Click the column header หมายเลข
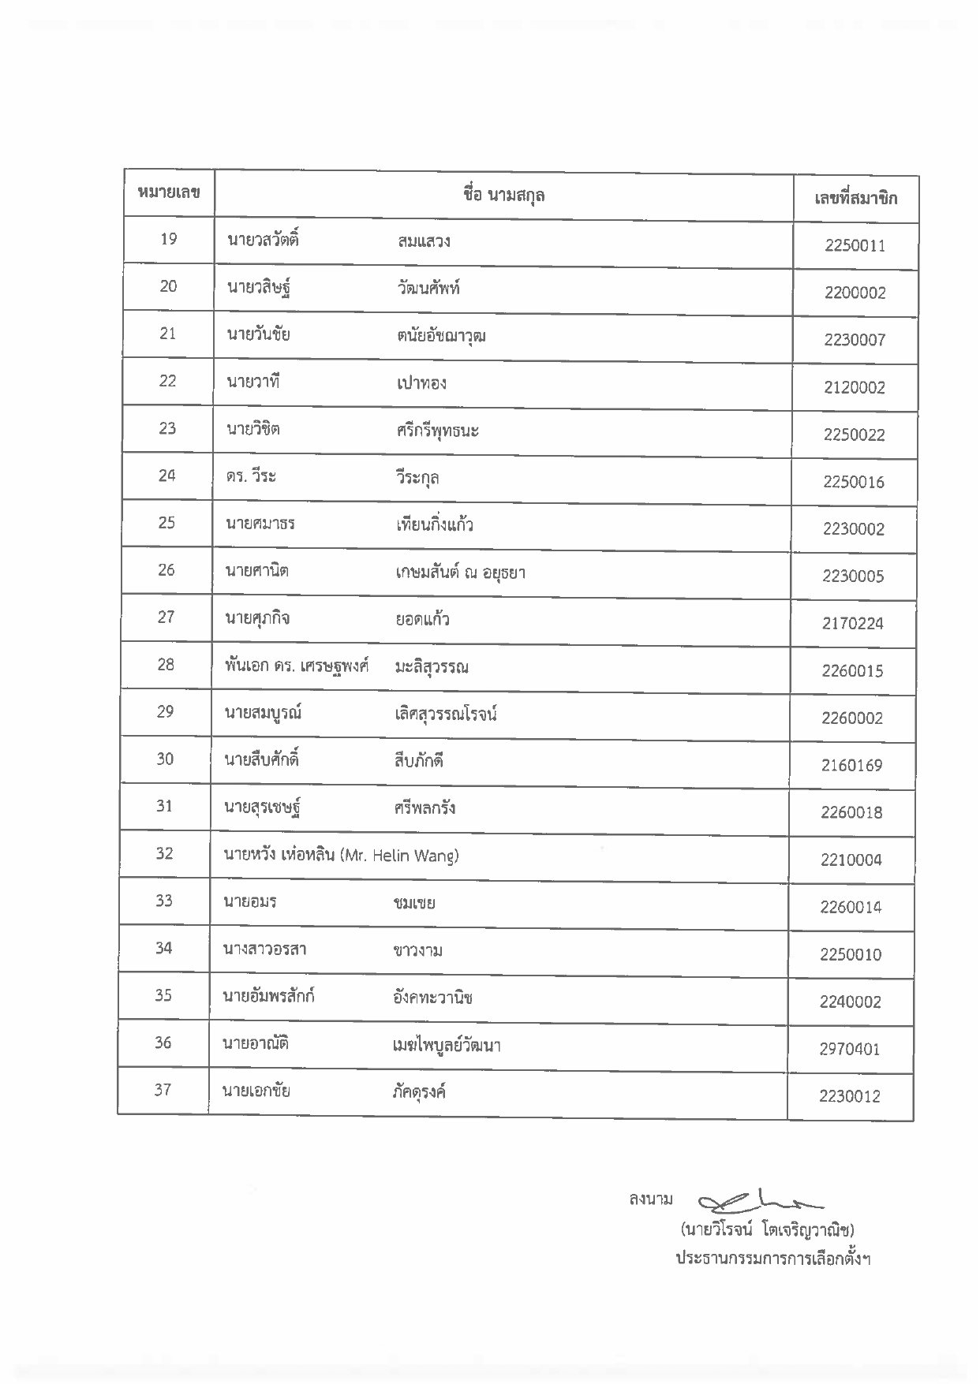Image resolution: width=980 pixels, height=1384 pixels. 168,192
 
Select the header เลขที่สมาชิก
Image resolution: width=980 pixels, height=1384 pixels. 855,198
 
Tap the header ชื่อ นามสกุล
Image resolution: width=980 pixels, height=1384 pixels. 503,195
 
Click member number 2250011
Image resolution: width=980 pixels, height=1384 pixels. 855,246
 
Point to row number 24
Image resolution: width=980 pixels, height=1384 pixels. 166,476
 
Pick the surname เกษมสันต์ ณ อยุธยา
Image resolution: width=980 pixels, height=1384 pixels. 460,573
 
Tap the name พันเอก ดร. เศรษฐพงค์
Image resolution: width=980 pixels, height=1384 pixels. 297,666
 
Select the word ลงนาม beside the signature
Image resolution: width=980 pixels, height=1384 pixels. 650,1200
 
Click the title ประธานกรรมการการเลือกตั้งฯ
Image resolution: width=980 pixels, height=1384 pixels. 772,1259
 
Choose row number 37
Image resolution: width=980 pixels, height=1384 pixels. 163,1090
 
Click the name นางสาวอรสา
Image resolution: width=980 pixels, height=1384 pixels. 264,949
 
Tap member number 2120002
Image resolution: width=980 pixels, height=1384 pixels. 854,388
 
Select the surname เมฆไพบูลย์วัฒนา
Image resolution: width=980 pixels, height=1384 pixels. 446,1046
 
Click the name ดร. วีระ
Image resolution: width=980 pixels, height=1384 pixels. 251,477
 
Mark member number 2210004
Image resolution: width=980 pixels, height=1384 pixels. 851,860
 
